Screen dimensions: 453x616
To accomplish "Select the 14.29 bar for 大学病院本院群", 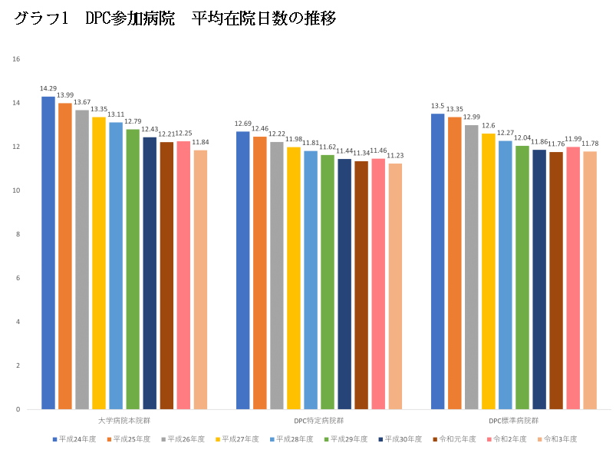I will point(48,253).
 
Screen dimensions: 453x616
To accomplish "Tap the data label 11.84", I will point(200,142).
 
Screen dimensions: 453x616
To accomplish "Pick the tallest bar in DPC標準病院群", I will point(437,261).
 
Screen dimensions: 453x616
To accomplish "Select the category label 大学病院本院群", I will point(124,422).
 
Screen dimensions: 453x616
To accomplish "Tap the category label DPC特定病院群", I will point(318,422).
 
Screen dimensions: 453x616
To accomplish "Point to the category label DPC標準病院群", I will point(513,422).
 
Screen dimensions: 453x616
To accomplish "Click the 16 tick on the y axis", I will point(17,59).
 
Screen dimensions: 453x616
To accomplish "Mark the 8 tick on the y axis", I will point(17,234).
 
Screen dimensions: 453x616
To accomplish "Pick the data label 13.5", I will point(437,106).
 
